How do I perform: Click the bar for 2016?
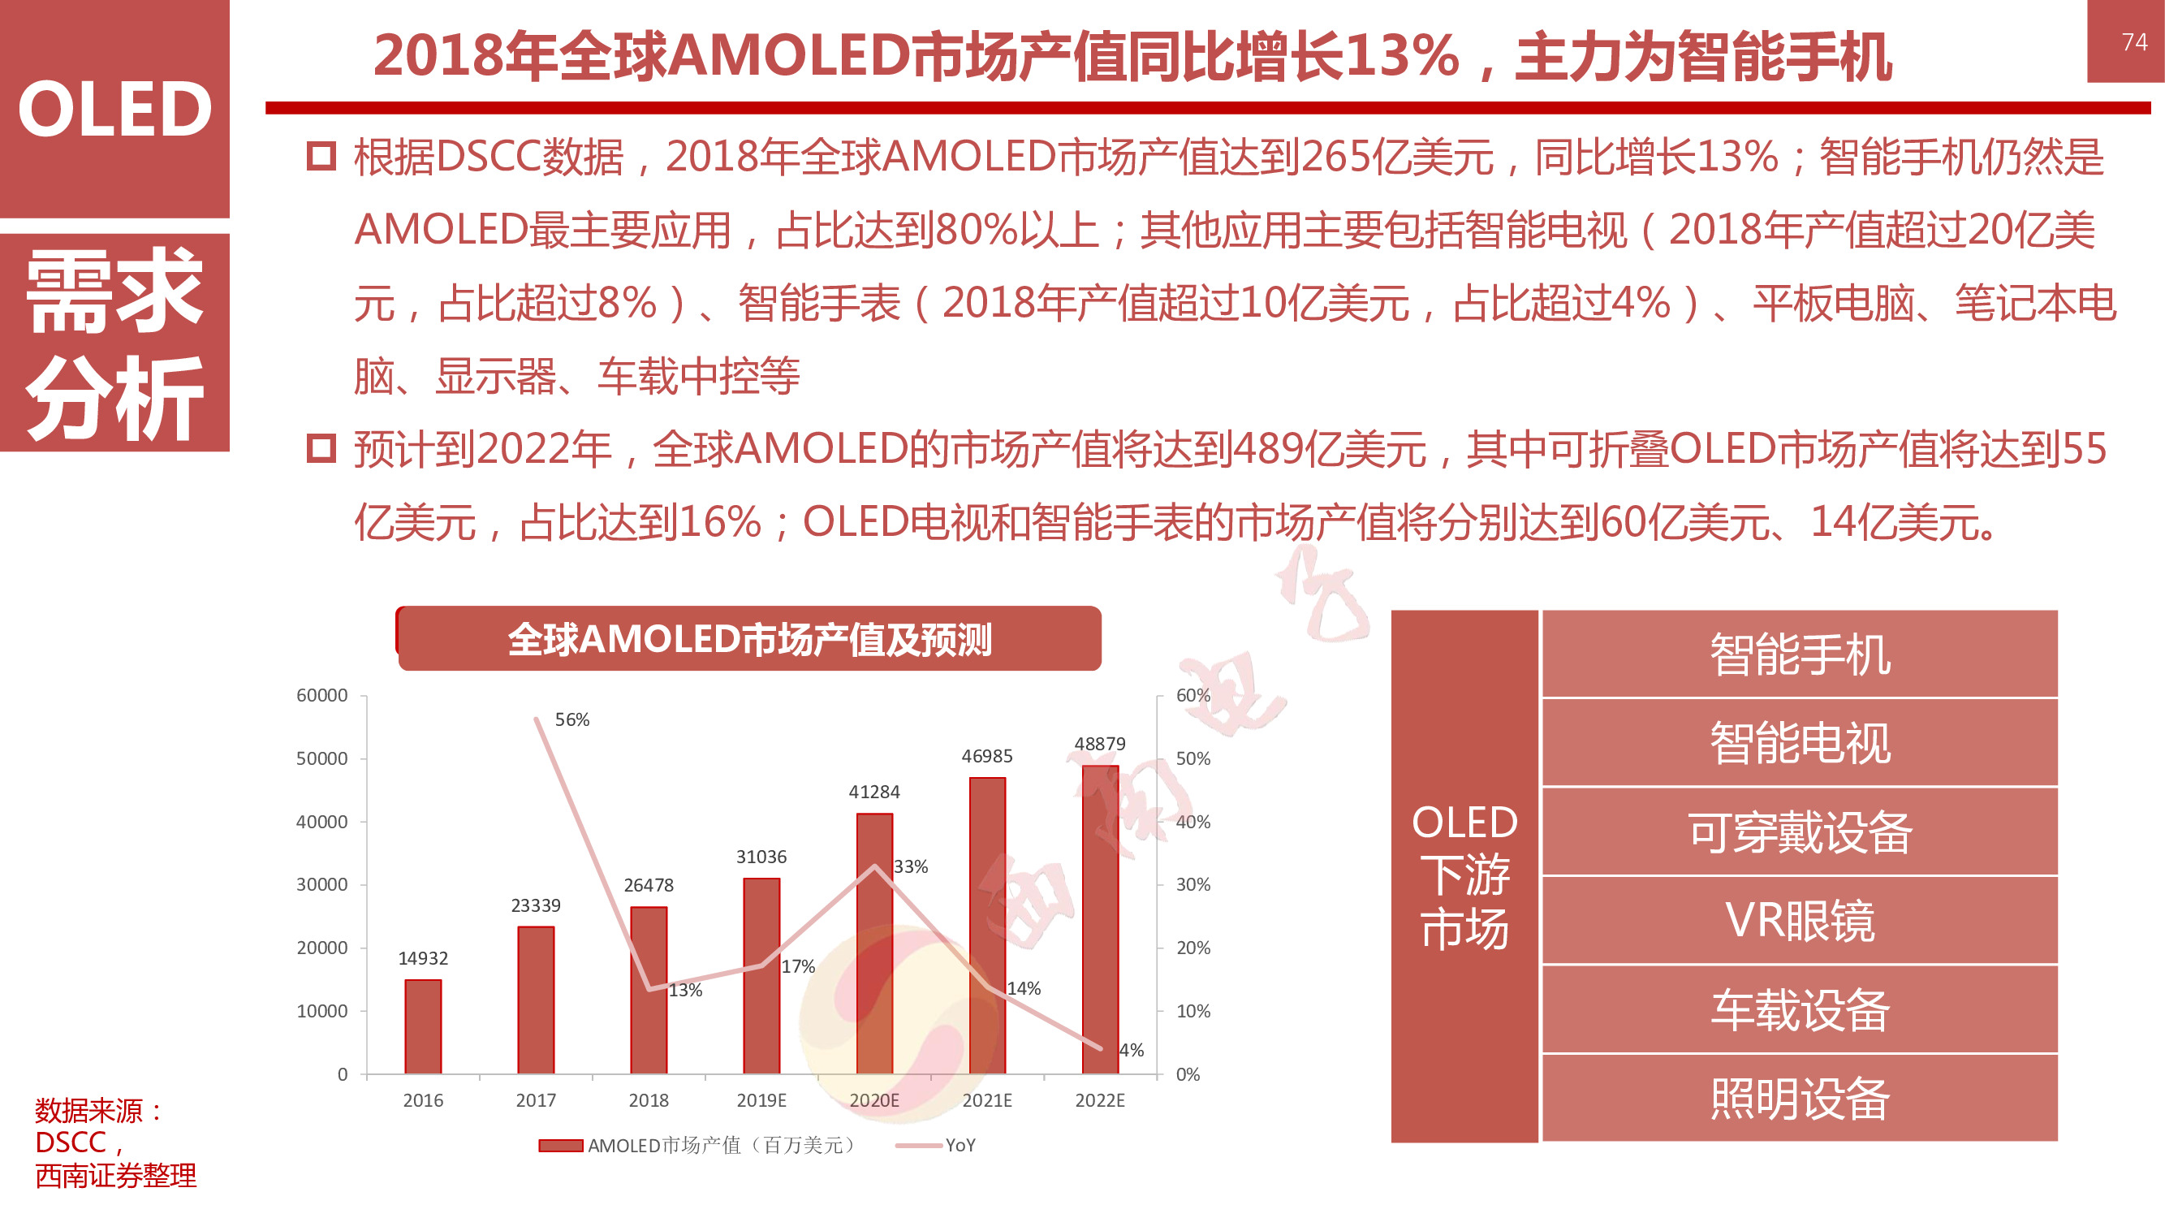423,1026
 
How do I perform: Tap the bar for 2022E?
1100,920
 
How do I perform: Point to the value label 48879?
1099,744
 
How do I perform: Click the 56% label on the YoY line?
571,719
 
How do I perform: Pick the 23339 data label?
536,905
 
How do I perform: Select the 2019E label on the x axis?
761,1100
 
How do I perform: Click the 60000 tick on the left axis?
322,695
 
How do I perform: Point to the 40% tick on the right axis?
1192,822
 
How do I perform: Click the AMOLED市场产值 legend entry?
697,1145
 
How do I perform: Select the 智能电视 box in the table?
1800,743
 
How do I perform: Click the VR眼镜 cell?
1800,921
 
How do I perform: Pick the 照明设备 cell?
1800,1098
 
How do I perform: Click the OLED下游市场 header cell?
1464,876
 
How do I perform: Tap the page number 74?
2134,42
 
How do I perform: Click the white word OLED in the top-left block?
114,110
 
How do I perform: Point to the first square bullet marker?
321,157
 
